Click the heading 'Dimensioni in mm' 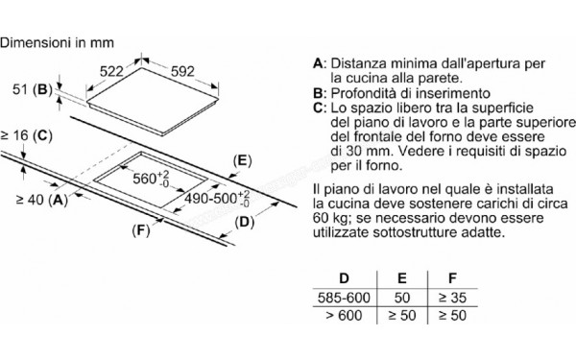point(60,42)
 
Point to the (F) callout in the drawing point(142,230)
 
